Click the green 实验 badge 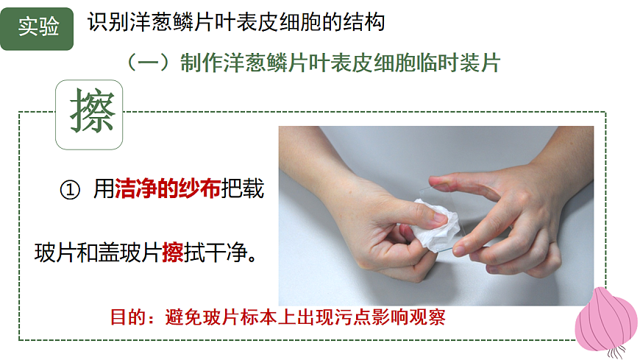pyautogui.click(x=37, y=29)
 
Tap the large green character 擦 pyautogui.click(x=92, y=111)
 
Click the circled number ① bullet pyautogui.click(x=70, y=190)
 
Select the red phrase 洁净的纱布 pyautogui.click(x=168, y=188)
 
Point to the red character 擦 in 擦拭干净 pyautogui.click(x=173, y=252)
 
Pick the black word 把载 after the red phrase pyautogui.click(x=243, y=188)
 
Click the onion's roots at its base pyautogui.click(x=616, y=352)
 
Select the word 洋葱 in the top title pyautogui.click(x=152, y=22)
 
